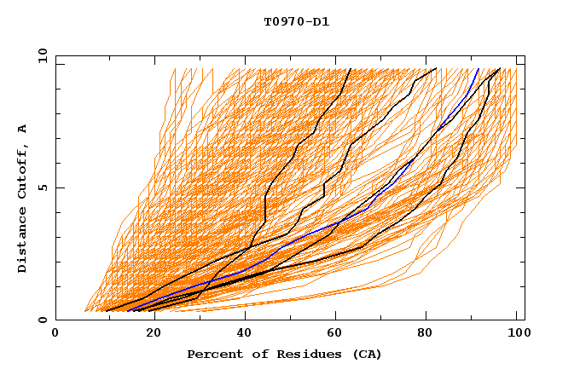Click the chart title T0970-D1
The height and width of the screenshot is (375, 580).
click(297, 21)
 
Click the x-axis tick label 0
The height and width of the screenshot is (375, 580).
click(55, 333)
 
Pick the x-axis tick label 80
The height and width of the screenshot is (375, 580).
click(425, 333)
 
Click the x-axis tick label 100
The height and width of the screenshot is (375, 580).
click(514, 333)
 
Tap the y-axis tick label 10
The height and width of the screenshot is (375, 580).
click(42, 55)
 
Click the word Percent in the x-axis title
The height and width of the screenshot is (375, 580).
click(212, 354)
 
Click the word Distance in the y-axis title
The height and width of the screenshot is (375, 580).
click(23, 245)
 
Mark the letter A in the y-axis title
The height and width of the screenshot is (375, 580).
click(23, 129)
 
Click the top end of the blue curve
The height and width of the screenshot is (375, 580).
click(478, 69)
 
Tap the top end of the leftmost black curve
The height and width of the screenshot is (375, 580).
click(350, 69)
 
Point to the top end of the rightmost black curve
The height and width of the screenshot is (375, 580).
click(499, 69)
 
